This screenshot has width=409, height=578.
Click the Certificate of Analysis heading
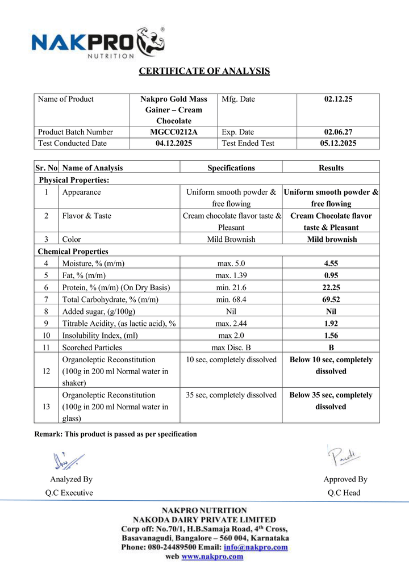[204, 71]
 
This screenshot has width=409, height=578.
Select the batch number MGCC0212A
[174, 132]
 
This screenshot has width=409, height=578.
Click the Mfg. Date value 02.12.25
[339, 99]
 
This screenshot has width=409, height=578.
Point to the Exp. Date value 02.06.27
[339, 132]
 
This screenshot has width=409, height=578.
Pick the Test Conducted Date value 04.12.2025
[174, 143]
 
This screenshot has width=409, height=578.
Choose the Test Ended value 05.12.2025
[339, 143]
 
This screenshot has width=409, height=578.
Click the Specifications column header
[231, 167]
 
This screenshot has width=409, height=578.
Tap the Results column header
[331, 167]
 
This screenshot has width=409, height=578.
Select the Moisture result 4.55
[331, 263]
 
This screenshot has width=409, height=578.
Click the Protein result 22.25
[331, 287]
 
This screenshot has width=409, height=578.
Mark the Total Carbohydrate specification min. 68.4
[231, 299]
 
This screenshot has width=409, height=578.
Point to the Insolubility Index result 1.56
[331, 335]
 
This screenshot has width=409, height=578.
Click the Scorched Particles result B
[331, 347]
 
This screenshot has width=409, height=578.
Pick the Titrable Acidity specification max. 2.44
[231, 323]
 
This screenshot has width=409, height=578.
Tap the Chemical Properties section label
[73, 251]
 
